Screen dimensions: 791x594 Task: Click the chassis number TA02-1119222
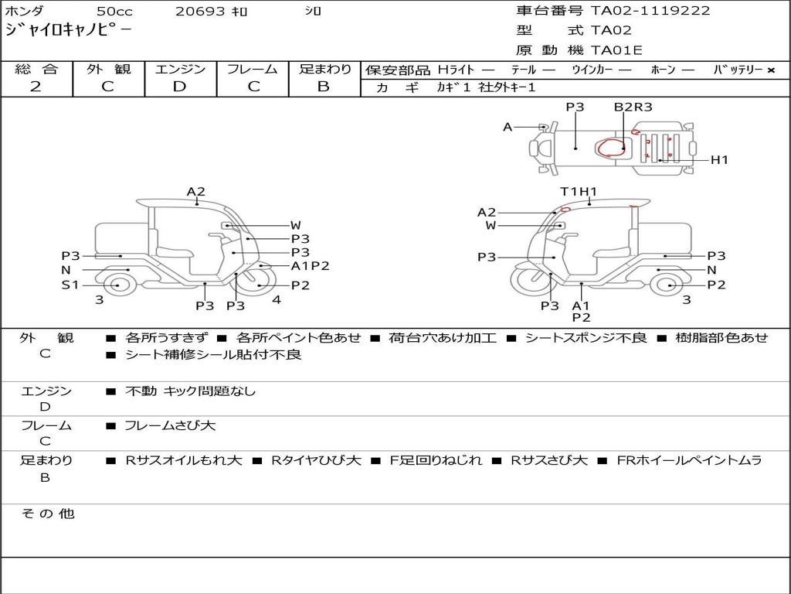tap(650, 11)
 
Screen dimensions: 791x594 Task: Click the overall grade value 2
tap(36, 87)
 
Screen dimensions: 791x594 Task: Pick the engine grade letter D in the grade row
tap(179, 87)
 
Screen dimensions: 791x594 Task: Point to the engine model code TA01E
tap(616, 50)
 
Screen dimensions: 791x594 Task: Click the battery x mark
tap(771, 70)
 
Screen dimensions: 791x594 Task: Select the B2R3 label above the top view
tap(633, 107)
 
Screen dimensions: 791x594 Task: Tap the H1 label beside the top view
tap(719, 160)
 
